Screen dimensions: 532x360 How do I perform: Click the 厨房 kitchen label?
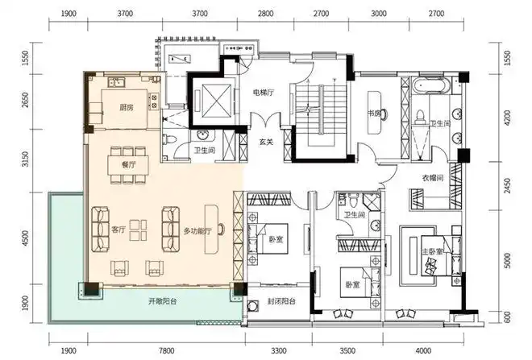click(127, 107)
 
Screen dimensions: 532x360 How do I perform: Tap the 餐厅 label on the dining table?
click(128, 165)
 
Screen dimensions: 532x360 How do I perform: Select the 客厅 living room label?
click(118, 230)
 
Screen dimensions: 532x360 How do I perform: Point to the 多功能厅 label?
click(197, 231)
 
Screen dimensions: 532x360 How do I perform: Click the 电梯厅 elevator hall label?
click(264, 92)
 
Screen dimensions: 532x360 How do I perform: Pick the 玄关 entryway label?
click(266, 142)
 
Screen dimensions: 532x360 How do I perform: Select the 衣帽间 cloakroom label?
click(433, 178)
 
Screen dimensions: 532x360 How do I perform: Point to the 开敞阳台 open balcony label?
click(162, 301)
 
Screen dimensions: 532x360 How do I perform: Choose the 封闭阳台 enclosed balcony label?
click(281, 301)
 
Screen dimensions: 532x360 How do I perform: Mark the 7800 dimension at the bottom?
click(166, 350)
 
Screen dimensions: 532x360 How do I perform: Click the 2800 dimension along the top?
click(265, 14)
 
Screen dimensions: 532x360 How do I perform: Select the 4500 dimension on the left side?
click(25, 238)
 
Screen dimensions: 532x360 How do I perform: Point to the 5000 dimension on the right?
click(507, 260)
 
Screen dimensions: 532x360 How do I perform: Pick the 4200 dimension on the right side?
click(507, 117)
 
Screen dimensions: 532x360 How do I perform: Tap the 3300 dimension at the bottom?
click(279, 350)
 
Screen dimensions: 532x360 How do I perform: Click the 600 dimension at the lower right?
click(507, 317)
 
